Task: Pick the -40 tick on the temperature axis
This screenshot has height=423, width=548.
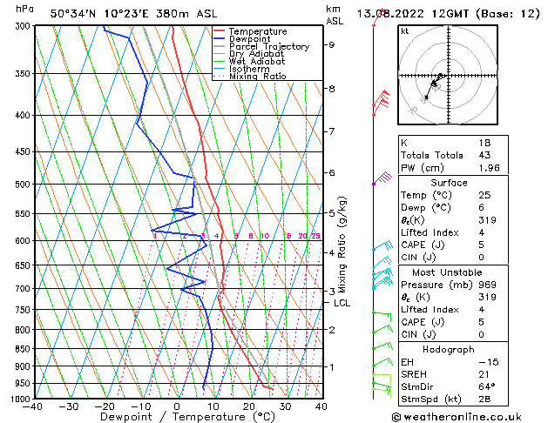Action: coord(33,406)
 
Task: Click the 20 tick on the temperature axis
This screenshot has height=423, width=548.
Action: coord(248,406)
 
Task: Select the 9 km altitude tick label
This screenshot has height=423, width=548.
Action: coord(331,44)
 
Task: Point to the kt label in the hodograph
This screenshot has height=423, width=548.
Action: coord(405,31)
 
